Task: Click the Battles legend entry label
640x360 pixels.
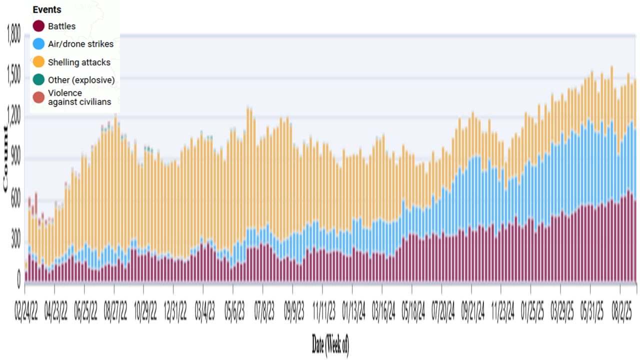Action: coord(61,26)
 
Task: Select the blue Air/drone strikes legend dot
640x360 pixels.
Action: coord(39,44)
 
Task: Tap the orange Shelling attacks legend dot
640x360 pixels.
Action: coord(39,62)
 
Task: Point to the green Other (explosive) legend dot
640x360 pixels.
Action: coord(39,79)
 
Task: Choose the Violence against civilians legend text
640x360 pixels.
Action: coord(79,97)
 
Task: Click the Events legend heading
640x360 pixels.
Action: coord(47,9)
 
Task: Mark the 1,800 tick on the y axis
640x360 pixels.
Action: coord(13,35)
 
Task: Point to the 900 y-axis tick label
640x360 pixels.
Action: coord(15,158)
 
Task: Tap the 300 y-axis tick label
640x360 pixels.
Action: coord(15,240)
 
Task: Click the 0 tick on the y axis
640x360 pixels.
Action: coord(19,281)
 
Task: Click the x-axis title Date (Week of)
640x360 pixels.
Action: coord(330,344)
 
